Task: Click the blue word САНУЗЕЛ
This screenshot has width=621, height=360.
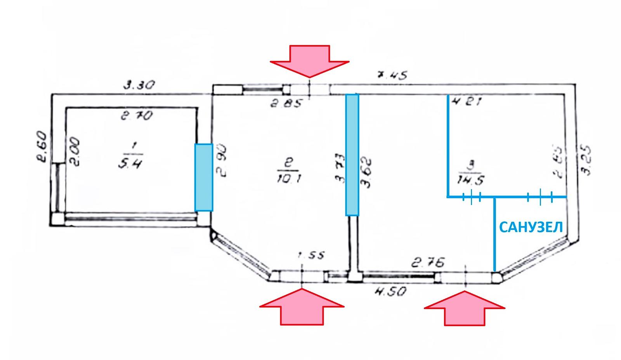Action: [531, 227]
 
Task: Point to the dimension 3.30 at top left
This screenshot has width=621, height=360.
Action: [139, 85]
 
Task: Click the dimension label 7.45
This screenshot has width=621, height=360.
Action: [392, 75]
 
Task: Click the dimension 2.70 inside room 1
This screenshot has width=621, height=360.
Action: [136, 115]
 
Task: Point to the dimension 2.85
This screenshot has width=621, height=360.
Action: [286, 104]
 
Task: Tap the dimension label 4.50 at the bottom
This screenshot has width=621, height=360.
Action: [390, 291]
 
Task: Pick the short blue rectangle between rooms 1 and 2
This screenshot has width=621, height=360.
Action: [204, 177]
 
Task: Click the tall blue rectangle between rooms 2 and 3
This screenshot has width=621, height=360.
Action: [352, 155]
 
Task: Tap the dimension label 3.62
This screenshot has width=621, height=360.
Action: [366, 172]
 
